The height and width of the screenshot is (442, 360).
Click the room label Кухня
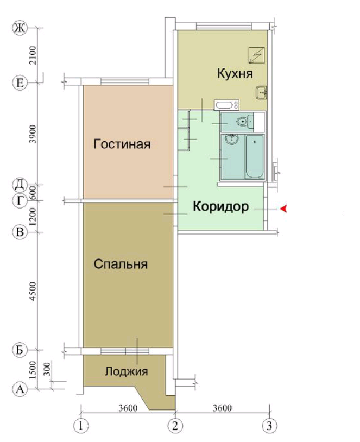[x=235, y=73]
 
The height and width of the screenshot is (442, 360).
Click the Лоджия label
[x=127, y=372]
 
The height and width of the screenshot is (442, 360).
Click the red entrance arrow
[x=282, y=209]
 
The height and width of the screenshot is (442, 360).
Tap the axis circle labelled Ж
[x=20, y=28]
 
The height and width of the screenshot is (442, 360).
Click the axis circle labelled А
[x=20, y=389]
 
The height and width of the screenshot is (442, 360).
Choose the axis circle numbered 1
[x=81, y=425]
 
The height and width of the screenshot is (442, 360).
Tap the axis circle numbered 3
[x=268, y=425]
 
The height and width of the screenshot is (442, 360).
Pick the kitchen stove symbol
[x=255, y=54]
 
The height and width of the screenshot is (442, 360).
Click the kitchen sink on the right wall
[x=262, y=93]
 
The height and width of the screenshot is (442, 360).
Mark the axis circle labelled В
[x=20, y=232]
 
